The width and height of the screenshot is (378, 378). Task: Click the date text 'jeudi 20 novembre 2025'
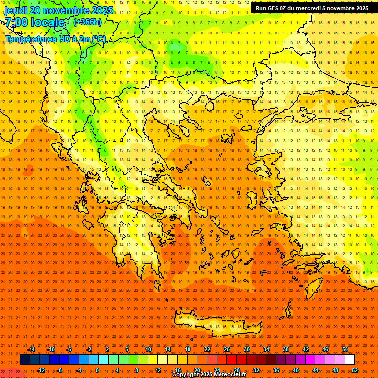pyautogui.click(x=59, y=10)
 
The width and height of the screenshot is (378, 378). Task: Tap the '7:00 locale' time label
pyautogui.click(x=34, y=22)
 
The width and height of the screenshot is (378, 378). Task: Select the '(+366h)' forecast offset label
pyautogui.click(x=88, y=22)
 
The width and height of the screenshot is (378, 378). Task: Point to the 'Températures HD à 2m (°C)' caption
pyautogui.click(x=55, y=39)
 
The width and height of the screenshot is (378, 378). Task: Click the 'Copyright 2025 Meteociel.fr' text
pyautogui.click(x=209, y=375)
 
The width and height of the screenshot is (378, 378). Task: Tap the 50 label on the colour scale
pyautogui.click(x=345, y=349)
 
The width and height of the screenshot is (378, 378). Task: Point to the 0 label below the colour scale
pyautogui.click(x=97, y=370)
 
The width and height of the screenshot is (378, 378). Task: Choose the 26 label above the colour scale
pyautogui.click(x=227, y=349)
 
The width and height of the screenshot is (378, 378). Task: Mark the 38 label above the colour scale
pyautogui.click(x=285, y=349)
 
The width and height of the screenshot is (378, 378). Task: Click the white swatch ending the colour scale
pyautogui.click(x=349, y=360)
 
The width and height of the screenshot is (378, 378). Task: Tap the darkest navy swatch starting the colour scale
pyautogui.click(x=25, y=360)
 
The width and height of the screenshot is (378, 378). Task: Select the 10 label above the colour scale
pyautogui.click(x=148, y=349)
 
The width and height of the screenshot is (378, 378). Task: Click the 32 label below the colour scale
pyautogui.click(x=256, y=370)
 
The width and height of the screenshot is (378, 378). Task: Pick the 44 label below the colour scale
pyautogui.click(x=315, y=370)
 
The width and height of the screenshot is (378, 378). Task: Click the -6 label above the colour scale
pyautogui.click(x=69, y=349)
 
